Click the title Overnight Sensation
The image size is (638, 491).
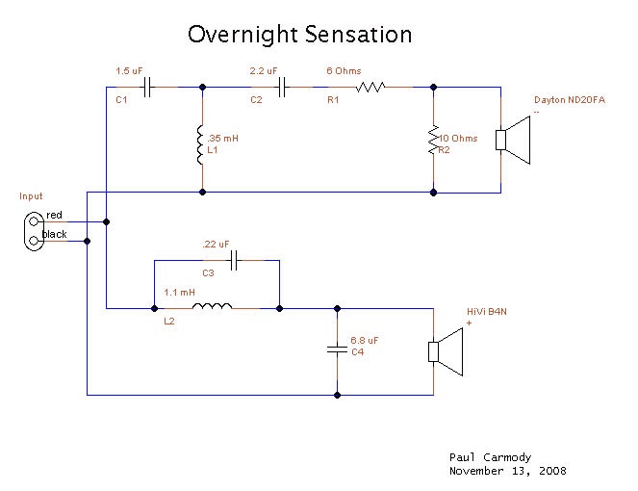299,35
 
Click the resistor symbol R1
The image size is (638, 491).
370,88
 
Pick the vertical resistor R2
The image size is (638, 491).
433,142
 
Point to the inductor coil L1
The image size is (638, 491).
202,144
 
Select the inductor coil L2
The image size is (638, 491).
212,308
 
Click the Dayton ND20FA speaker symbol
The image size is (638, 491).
515,140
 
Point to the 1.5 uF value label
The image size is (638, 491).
129,70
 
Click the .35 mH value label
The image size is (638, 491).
223,139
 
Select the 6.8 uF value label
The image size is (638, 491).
364,341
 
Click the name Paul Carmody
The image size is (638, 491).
491,457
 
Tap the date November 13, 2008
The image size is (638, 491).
507,472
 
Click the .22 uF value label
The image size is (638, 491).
217,245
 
